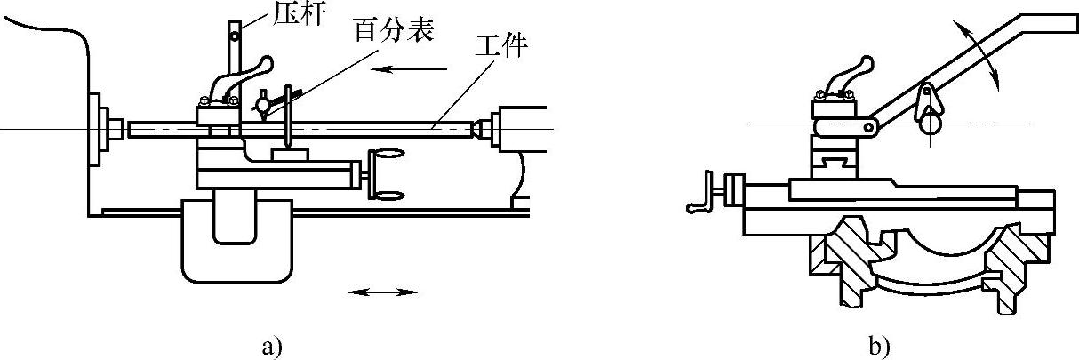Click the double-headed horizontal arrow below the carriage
[x=381, y=291]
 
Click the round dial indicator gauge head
[x=263, y=106]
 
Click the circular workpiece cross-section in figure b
[x=931, y=126]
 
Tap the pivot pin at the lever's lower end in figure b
[x=869, y=127]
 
